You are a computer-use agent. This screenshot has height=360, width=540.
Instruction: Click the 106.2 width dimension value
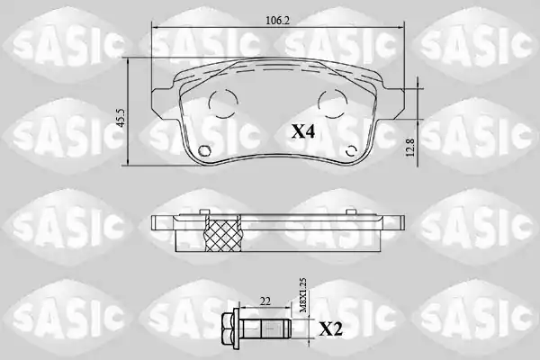pyautogui.click(x=277, y=21)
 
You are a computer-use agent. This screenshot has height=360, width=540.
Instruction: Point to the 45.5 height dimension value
pyautogui.click(x=121, y=118)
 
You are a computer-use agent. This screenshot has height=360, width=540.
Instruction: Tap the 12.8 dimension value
pyautogui.click(x=411, y=148)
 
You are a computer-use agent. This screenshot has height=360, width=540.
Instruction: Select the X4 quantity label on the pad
pyautogui.click(x=303, y=131)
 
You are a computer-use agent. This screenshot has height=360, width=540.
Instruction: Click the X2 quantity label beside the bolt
pyautogui.click(x=331, y=329)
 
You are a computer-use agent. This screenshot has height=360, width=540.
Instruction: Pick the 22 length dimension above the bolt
pyautogui.click(x=265, y=301)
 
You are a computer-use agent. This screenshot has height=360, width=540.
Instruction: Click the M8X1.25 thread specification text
pyautogui.click(x=303, y=295)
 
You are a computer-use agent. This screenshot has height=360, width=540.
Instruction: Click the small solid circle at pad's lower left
pyautogui.click(x=204, y=151)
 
